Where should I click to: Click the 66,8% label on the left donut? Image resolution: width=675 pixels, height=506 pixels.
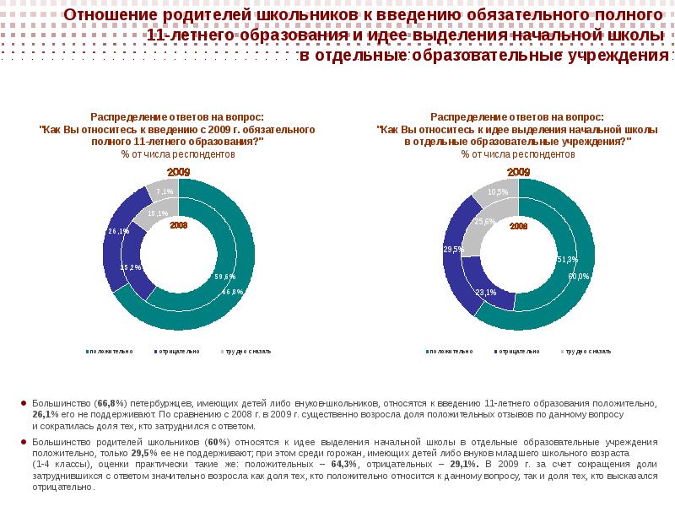click(233, 292)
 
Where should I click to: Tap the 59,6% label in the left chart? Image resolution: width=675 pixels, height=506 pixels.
click(224, 277)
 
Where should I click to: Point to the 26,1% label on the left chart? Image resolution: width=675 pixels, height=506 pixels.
click(118, 231)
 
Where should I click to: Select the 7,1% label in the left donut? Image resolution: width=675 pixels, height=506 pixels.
click(165, 191)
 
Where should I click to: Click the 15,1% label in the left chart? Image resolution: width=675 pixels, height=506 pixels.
click(155, 213)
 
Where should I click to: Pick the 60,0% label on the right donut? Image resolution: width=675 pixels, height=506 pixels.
click(578, 276)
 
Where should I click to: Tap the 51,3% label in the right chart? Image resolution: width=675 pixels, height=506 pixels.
click(567, 259)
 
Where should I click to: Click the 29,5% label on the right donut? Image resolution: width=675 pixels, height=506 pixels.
click(454, 250)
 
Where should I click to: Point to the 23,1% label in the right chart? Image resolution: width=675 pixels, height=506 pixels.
click(486, 293)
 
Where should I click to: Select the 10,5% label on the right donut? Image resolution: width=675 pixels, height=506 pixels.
click(498, 192)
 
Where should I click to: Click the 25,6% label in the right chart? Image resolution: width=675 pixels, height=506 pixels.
click(485, 222)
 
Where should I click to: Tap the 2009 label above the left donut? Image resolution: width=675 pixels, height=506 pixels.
click(178, 172)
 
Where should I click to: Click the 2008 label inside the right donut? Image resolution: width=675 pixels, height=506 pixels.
click(518, 227)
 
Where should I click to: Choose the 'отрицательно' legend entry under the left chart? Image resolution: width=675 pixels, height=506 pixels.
click(178, 351)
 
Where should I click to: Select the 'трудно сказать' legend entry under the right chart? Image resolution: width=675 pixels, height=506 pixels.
click(588, 351)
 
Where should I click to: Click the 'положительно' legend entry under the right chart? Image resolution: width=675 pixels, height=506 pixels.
click(451, 351)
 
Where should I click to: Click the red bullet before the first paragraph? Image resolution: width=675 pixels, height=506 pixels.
click(23, 404)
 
